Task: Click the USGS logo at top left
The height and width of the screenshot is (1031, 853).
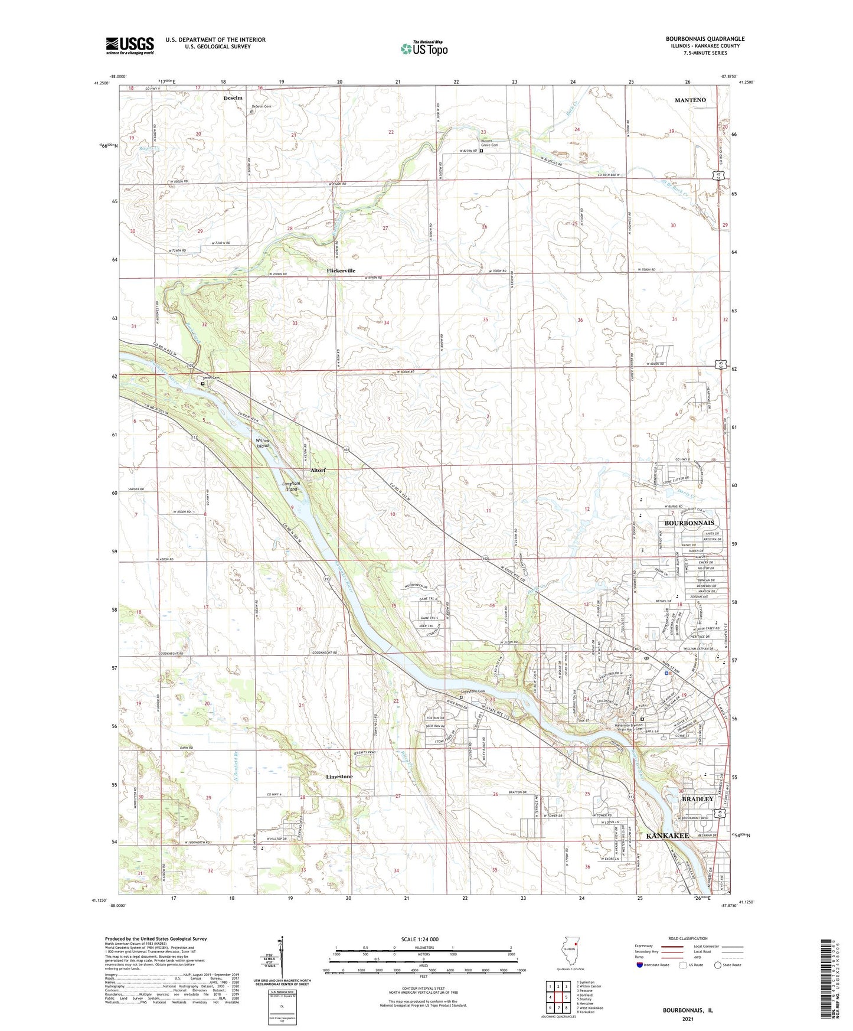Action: click(x=130, y=45)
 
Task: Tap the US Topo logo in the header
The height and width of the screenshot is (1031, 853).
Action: click(x=424, y=48)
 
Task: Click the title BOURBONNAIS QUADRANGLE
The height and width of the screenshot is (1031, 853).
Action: click(x=705, y=38)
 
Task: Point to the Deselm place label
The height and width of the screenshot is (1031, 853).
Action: click(x=233, y=98)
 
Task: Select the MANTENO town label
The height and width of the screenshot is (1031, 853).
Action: click(x=690, y=100)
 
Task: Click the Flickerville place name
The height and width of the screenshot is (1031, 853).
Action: click(x=341, y=270)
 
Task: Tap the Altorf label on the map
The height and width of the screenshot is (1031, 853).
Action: click(x=318, y=470)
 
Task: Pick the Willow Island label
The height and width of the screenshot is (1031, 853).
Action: click(x=263, y=443)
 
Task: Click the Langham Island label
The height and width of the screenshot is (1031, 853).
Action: click(x=292, y=486)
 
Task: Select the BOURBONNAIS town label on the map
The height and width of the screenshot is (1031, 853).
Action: click(x=689, y=523)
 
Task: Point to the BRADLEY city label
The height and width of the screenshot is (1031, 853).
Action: click(x=698, y=799)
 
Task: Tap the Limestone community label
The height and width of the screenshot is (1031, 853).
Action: click(x=339, y=776)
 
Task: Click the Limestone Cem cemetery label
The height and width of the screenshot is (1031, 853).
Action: click(x=473, y=691)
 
